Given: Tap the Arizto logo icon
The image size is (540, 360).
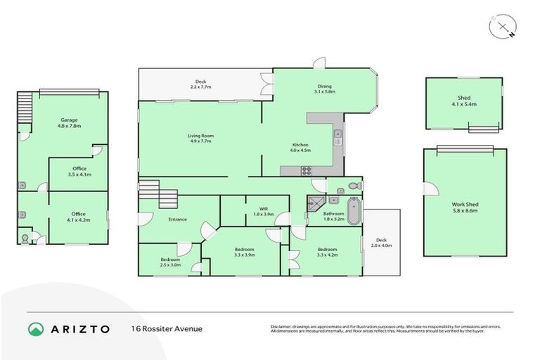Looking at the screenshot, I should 36,328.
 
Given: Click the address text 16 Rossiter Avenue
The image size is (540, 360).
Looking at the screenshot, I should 166,328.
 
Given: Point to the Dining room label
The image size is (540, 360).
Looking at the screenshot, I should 324,89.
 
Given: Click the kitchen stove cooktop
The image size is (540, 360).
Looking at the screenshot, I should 307,169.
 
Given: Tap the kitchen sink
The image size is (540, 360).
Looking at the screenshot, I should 337,136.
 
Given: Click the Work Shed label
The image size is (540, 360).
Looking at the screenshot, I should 465,207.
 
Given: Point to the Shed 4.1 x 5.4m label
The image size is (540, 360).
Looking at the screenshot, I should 463,101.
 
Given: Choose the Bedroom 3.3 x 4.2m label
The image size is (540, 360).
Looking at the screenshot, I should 327,252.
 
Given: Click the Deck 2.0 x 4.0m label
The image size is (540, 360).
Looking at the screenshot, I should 381,243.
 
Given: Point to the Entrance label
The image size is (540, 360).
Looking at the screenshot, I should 177,219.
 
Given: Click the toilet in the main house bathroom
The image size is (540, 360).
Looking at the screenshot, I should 354,186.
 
